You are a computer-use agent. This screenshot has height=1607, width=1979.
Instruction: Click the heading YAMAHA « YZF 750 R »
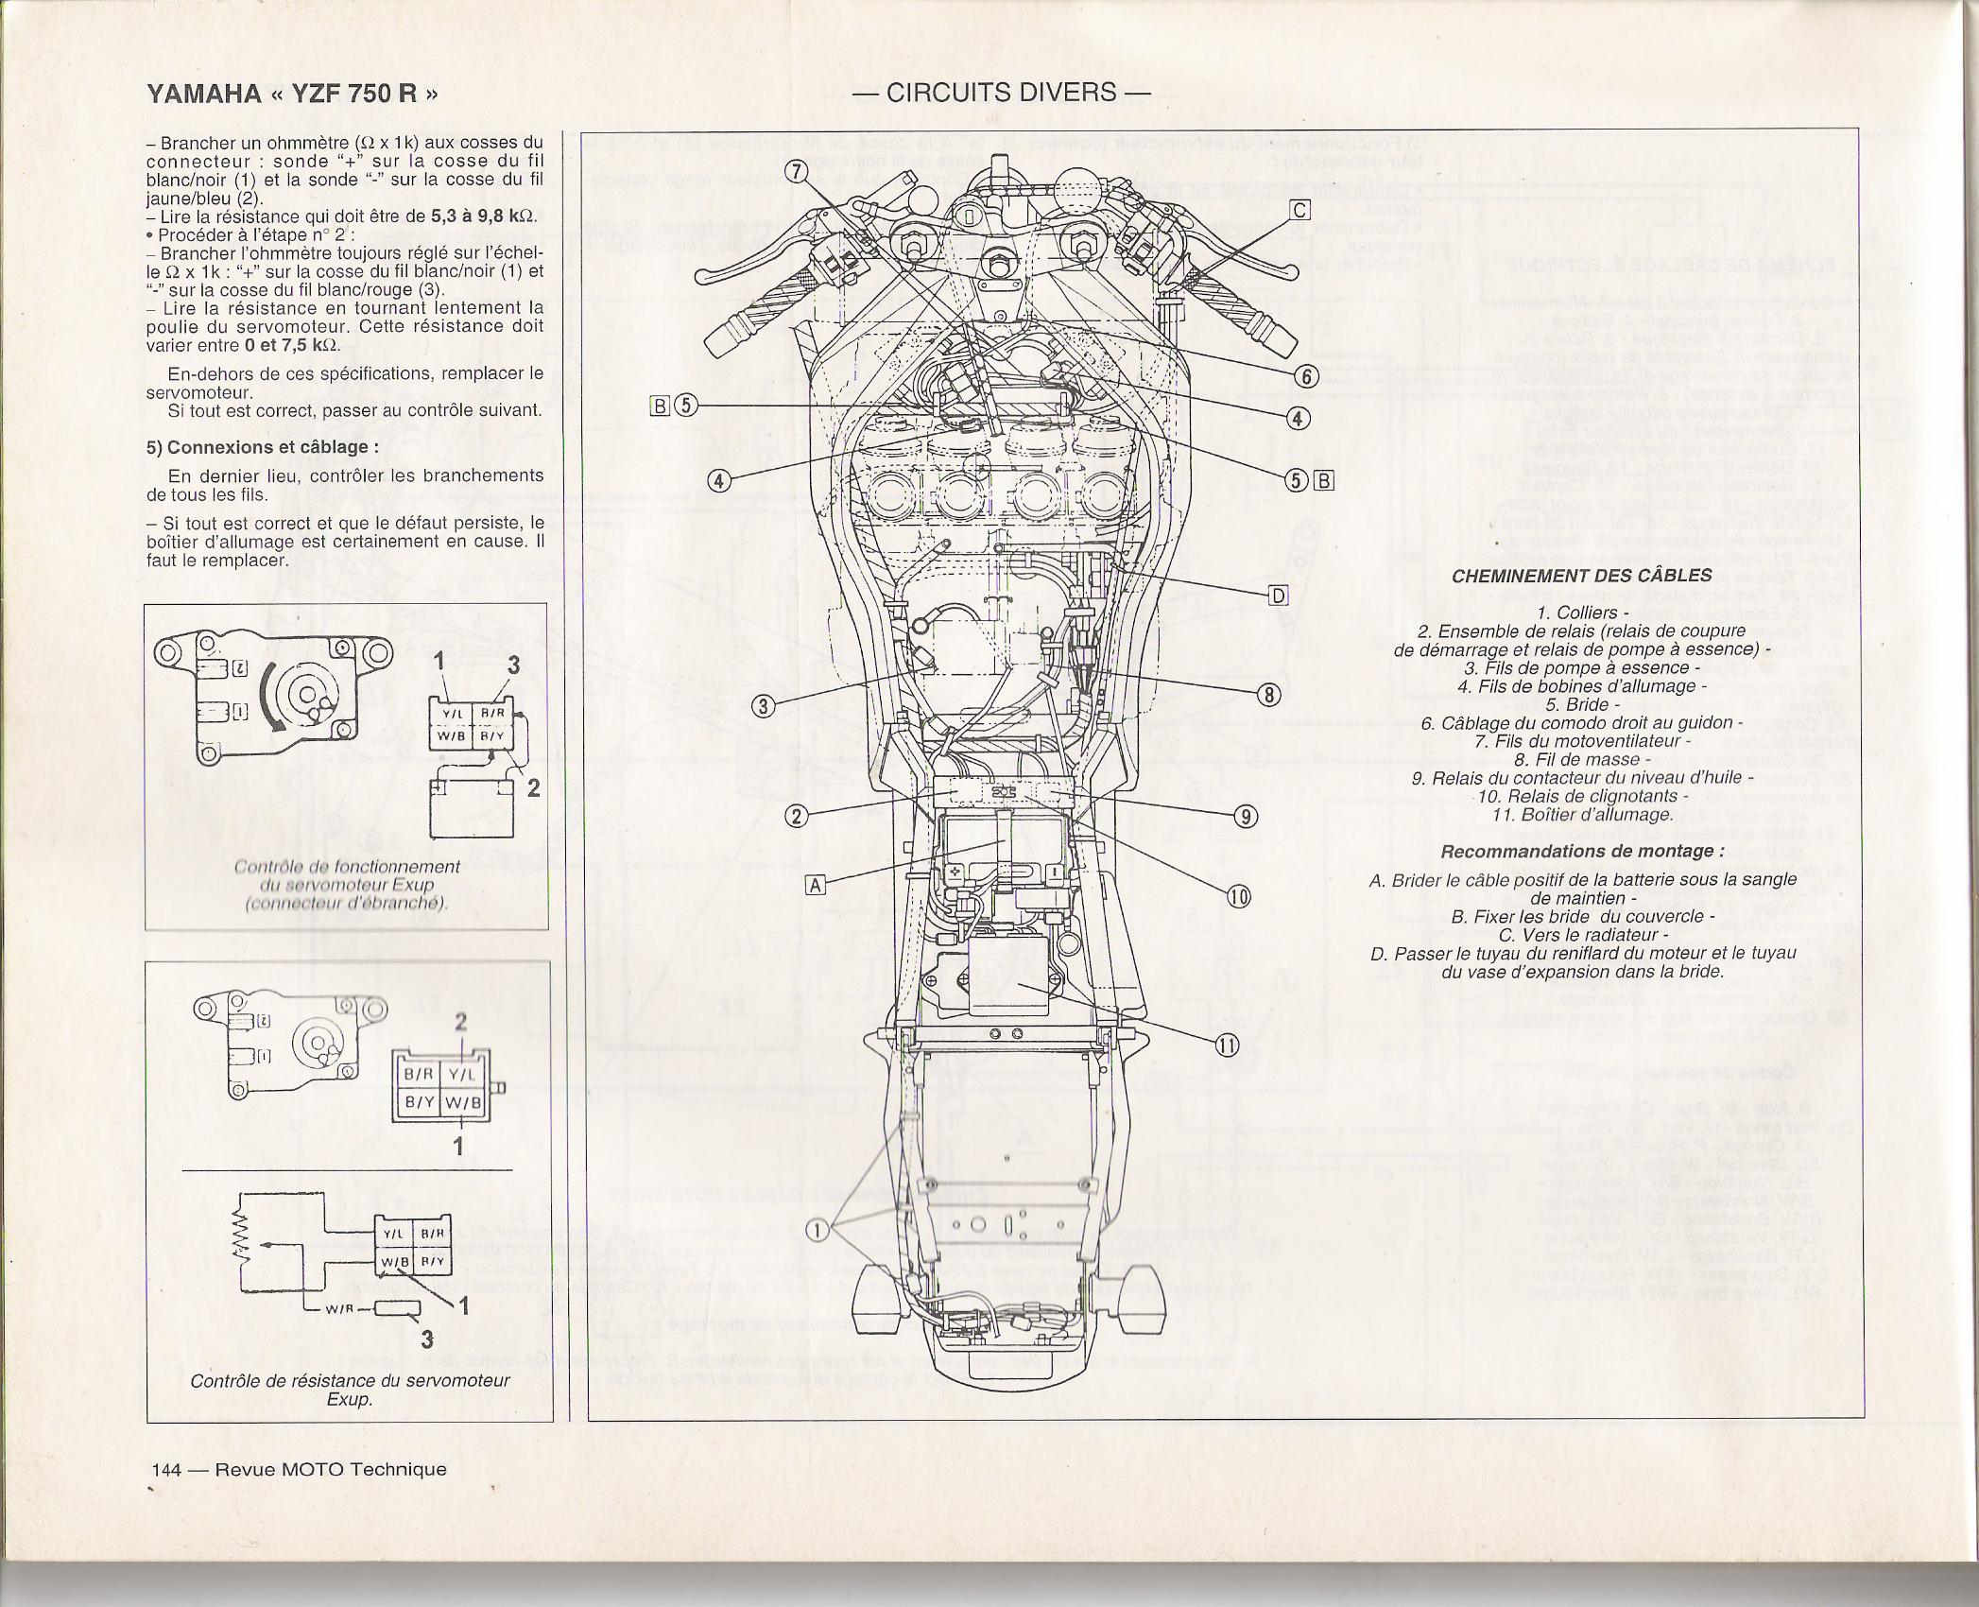[x=292, y=94]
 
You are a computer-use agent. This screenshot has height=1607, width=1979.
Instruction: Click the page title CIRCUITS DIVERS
[x=1001, y=93]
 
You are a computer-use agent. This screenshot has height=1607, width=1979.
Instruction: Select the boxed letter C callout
[x=1300, y=210]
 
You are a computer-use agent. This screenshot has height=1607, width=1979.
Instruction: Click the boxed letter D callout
[x=1278, y=595]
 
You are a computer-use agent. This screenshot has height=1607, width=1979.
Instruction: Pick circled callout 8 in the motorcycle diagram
[x=1268, y=696]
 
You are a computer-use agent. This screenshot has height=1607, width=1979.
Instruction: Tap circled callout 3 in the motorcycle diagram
[x=764, y=706]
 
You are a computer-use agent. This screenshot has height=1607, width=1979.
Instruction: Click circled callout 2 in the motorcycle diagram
[x=798, y=816]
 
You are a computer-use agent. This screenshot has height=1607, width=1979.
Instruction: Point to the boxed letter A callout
[x=816, y=884]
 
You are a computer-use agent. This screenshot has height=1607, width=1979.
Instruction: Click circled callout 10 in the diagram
[x=1238, y=896]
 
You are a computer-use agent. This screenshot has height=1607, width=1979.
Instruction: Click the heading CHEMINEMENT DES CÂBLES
[x=1581, y=576]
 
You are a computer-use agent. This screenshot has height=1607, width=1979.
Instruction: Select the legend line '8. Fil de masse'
[x=1581, y=759]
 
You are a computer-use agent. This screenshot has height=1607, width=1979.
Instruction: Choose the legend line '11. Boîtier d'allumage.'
[x=1581, y=814]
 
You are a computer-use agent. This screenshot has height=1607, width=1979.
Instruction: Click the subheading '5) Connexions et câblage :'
[x=263, y=447]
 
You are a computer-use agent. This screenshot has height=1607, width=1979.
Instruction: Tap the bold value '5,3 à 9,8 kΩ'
[x=483, y=216]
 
